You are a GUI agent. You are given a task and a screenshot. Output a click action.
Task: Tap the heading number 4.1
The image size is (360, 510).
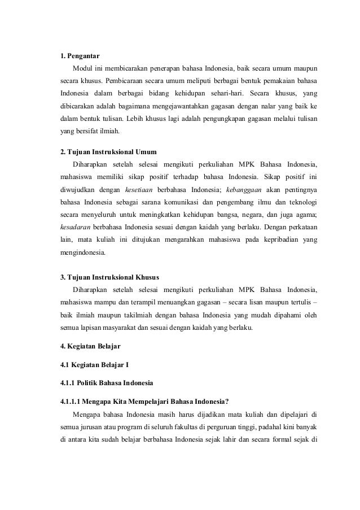click(67, 364)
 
